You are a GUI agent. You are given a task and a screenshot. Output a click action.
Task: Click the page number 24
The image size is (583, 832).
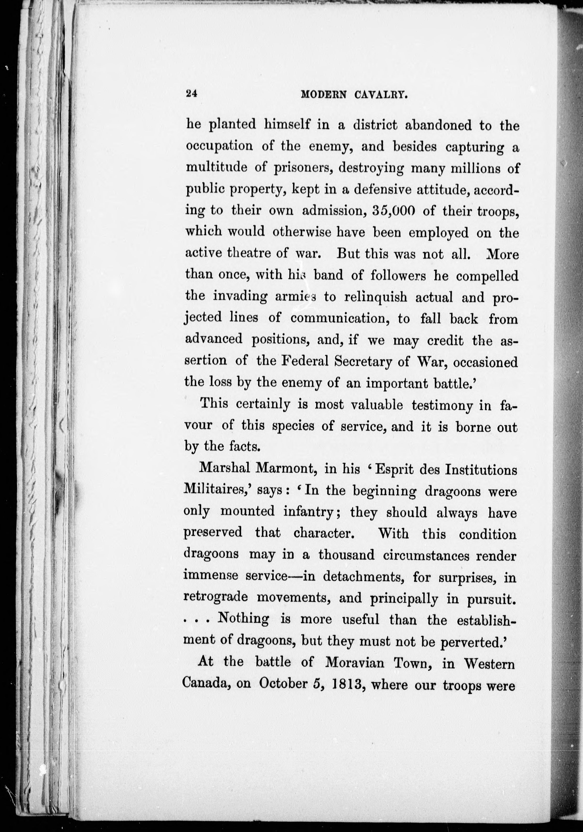[x=191, y=93]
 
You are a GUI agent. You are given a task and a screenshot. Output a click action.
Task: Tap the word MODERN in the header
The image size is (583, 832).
[x=324, y=95]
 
